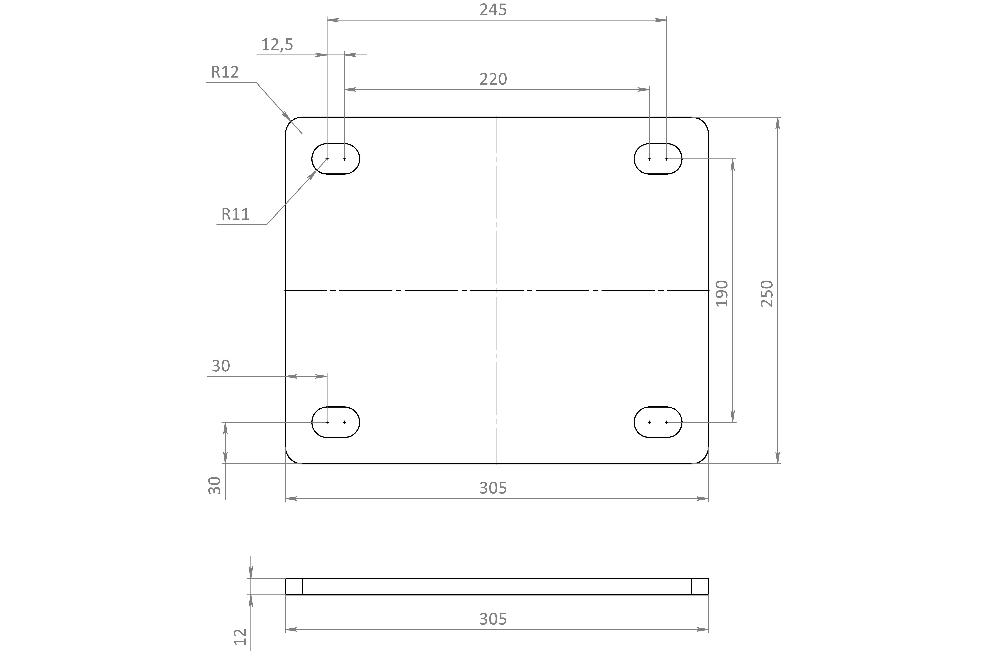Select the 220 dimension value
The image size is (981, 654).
coord(493,79)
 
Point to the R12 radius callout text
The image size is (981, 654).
coord(225,72)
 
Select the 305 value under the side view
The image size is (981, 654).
coord(493,619)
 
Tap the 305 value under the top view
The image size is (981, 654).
coord(493,488)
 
